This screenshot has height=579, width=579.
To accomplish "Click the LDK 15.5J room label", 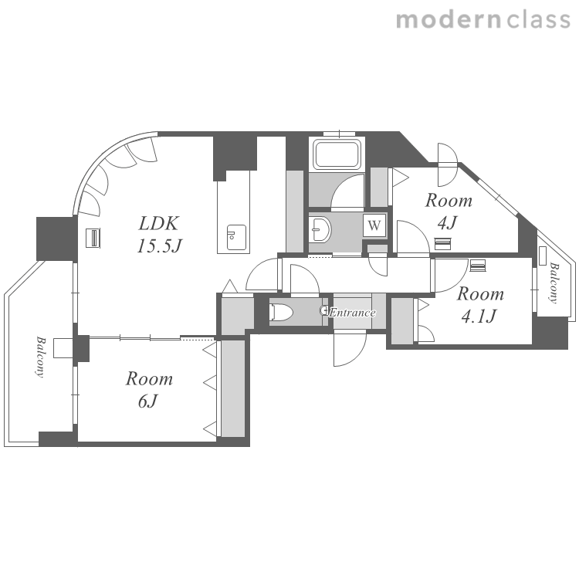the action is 159,235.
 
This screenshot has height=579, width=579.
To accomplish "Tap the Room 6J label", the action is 149,390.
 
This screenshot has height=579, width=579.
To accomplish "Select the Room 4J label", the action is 449,212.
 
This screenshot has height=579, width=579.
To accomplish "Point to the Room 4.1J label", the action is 480,305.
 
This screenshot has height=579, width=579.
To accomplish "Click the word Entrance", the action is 352,313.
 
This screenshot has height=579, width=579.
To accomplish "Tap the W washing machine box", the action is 374,225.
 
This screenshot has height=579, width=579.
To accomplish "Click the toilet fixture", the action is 281,312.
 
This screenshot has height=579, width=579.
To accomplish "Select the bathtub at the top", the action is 337,154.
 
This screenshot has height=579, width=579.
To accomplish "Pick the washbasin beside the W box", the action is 320,230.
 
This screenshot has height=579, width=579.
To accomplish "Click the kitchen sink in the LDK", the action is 236,238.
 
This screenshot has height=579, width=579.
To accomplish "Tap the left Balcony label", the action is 40,357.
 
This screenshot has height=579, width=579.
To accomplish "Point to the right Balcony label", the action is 554,283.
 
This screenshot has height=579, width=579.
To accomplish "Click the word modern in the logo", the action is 449,19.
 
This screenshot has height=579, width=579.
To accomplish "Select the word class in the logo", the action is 538,19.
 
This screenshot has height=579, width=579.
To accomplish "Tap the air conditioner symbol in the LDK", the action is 93,238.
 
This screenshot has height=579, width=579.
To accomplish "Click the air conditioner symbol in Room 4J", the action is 442,244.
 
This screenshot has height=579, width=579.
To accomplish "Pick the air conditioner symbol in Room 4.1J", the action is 478,266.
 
